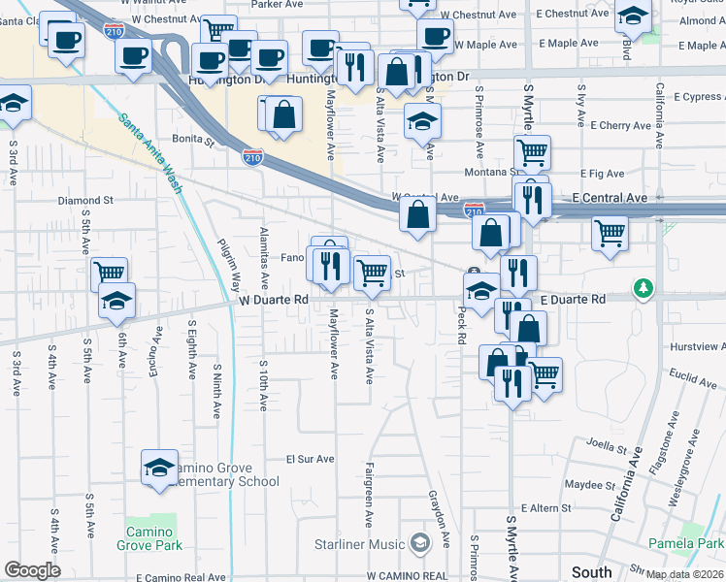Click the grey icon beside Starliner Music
(x=419, y=541)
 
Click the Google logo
(x=32, y=570)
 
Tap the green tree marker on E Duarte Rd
(x=642, y=288)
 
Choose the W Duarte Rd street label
(x=274, y=301)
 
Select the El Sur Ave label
(x=310, y=459)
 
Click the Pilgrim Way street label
(x=229, y=268)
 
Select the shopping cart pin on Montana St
(x=532, y=151)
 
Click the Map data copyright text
(x=683, y=574)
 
